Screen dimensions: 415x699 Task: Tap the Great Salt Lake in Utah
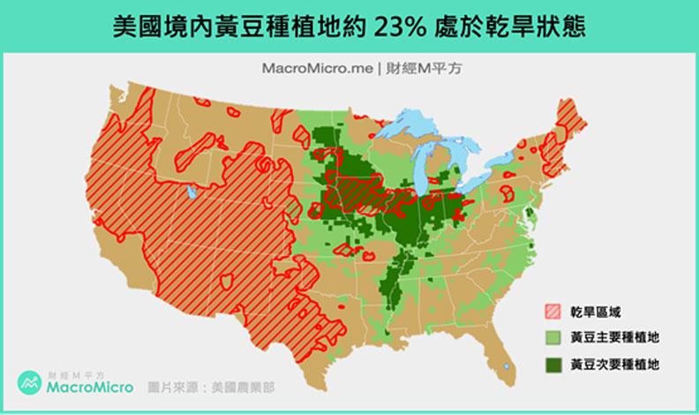pos(192,192)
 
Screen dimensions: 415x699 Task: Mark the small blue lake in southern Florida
pos(507,365)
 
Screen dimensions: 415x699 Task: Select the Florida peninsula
pos(501,353)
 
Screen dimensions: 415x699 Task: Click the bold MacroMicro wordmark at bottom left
pos(91,388)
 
